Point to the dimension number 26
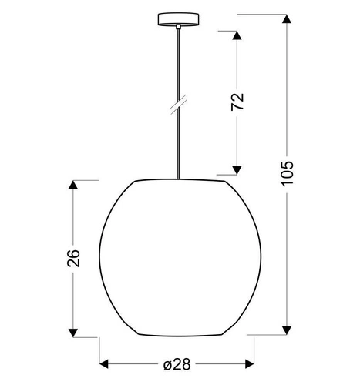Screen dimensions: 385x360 coord(74,259)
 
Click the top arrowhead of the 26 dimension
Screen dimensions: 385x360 coord(74,186)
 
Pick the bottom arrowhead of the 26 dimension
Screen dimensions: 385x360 coord(74,332)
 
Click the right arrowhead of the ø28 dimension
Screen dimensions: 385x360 coord(253,363)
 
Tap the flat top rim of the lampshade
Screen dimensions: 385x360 coord(182,181)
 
